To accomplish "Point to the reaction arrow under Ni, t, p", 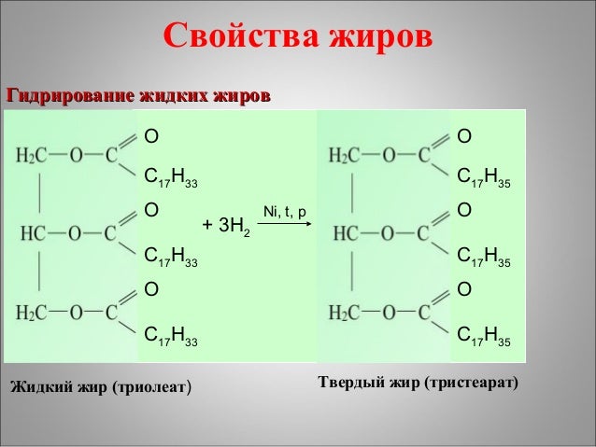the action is coord(284,225).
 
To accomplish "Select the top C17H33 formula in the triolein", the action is coord(170,176).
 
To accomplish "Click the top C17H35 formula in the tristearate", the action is coord(483,176).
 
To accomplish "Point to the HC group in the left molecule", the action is coord(33,231).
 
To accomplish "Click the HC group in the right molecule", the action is coord(347,231).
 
